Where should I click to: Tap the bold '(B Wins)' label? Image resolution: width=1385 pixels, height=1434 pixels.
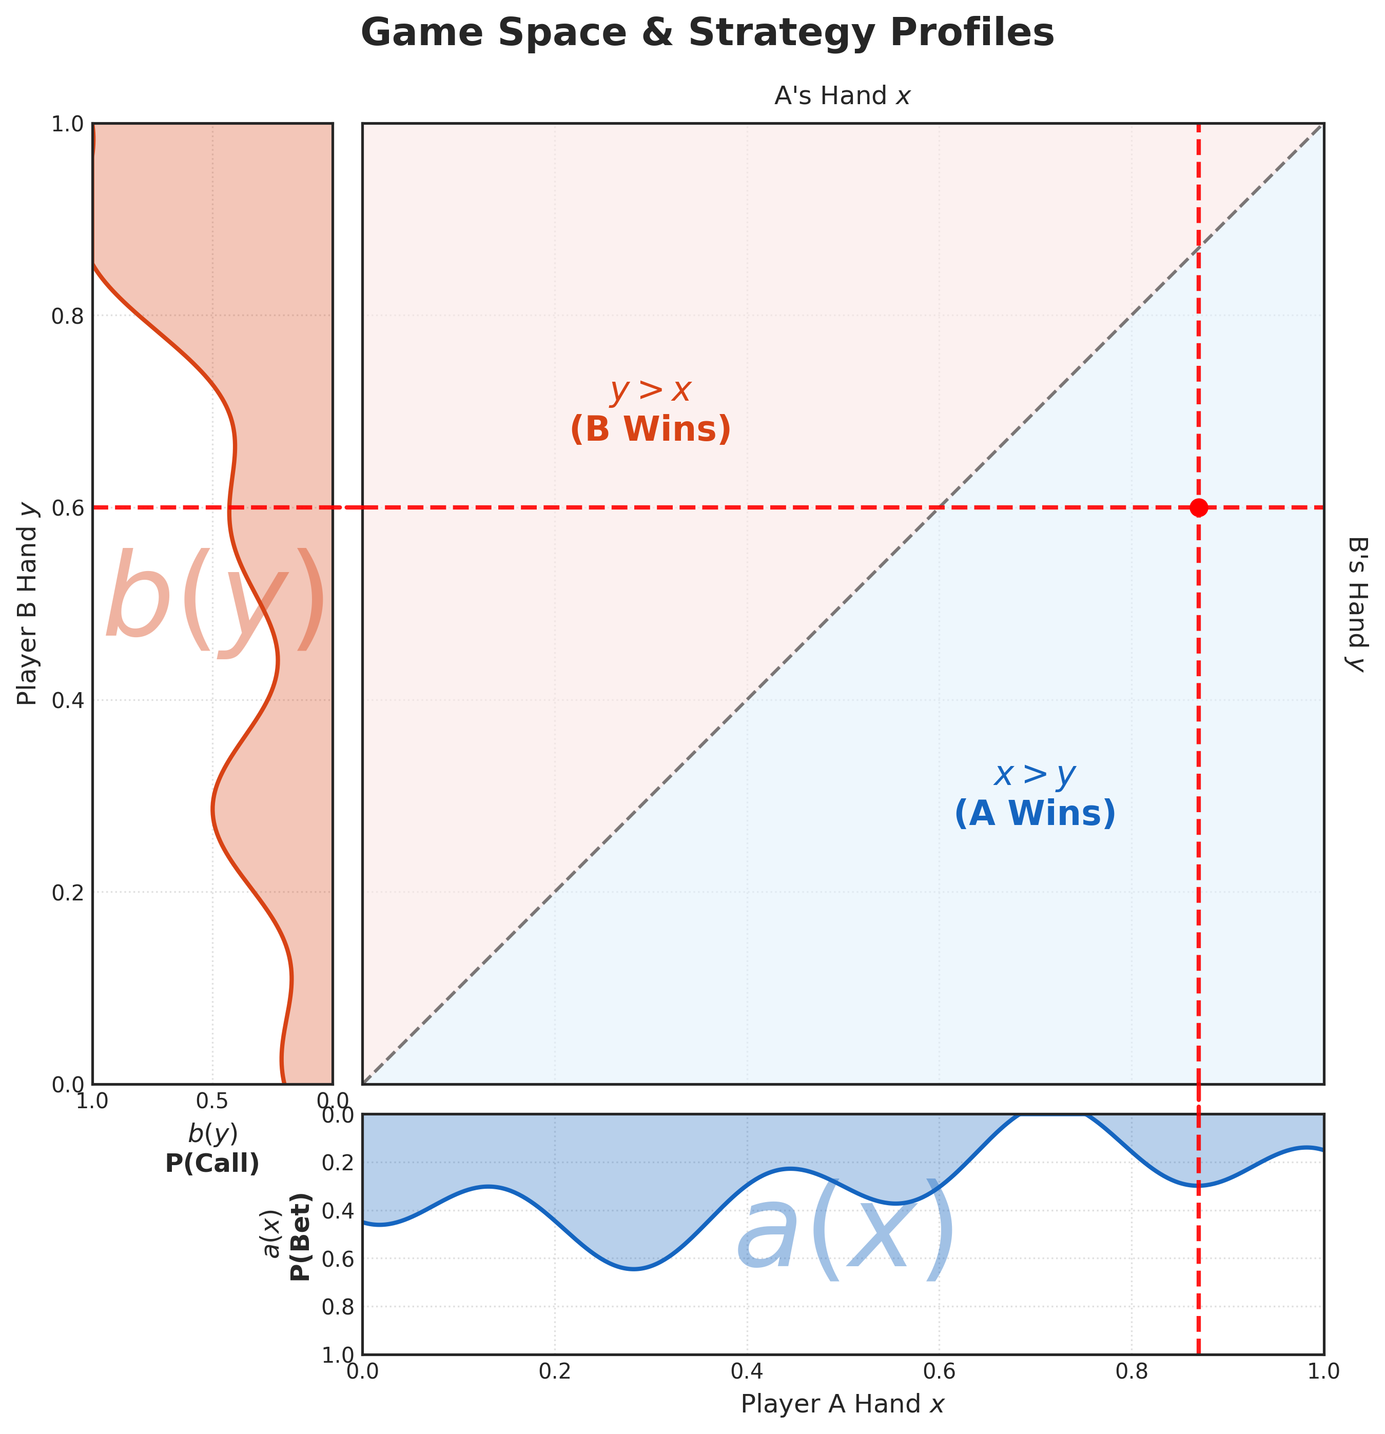651,429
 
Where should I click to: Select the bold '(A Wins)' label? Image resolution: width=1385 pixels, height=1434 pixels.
1035,814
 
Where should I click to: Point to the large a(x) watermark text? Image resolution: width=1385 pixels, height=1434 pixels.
845,1231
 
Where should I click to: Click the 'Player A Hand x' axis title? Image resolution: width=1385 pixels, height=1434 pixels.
843,1403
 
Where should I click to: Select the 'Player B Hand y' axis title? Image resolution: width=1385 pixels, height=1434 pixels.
27,603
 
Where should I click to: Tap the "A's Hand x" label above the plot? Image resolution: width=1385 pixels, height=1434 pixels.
842,96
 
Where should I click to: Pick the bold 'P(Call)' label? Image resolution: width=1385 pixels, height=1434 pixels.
212,1163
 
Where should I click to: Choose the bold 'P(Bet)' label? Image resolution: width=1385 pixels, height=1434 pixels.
300,1236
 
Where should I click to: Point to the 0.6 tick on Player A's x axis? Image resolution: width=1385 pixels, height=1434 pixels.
940,1370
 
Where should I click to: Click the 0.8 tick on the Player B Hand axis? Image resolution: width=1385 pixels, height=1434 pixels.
67,316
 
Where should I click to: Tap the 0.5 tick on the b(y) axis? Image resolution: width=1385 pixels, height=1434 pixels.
212,1101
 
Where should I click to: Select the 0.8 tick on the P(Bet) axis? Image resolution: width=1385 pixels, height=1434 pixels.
338,1307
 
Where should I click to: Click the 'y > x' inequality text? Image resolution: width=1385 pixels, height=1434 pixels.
651,391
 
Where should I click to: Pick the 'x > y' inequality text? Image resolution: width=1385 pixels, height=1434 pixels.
1035,775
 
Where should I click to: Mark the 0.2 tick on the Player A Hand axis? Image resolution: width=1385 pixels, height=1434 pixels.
555,1370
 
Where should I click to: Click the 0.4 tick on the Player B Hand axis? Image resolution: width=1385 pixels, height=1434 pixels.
67,701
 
